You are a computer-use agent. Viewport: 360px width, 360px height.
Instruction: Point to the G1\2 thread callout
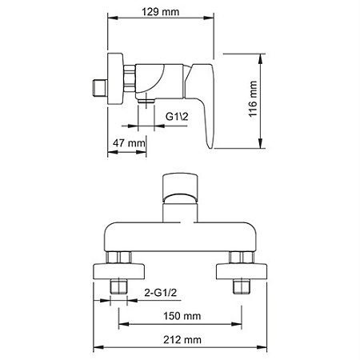tap(178, 116)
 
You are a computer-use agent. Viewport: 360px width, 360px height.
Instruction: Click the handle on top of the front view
tap(180, 187)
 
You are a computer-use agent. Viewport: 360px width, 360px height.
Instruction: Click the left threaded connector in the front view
tap(120, 286)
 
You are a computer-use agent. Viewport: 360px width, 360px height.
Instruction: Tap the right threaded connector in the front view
tap(239, 286)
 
